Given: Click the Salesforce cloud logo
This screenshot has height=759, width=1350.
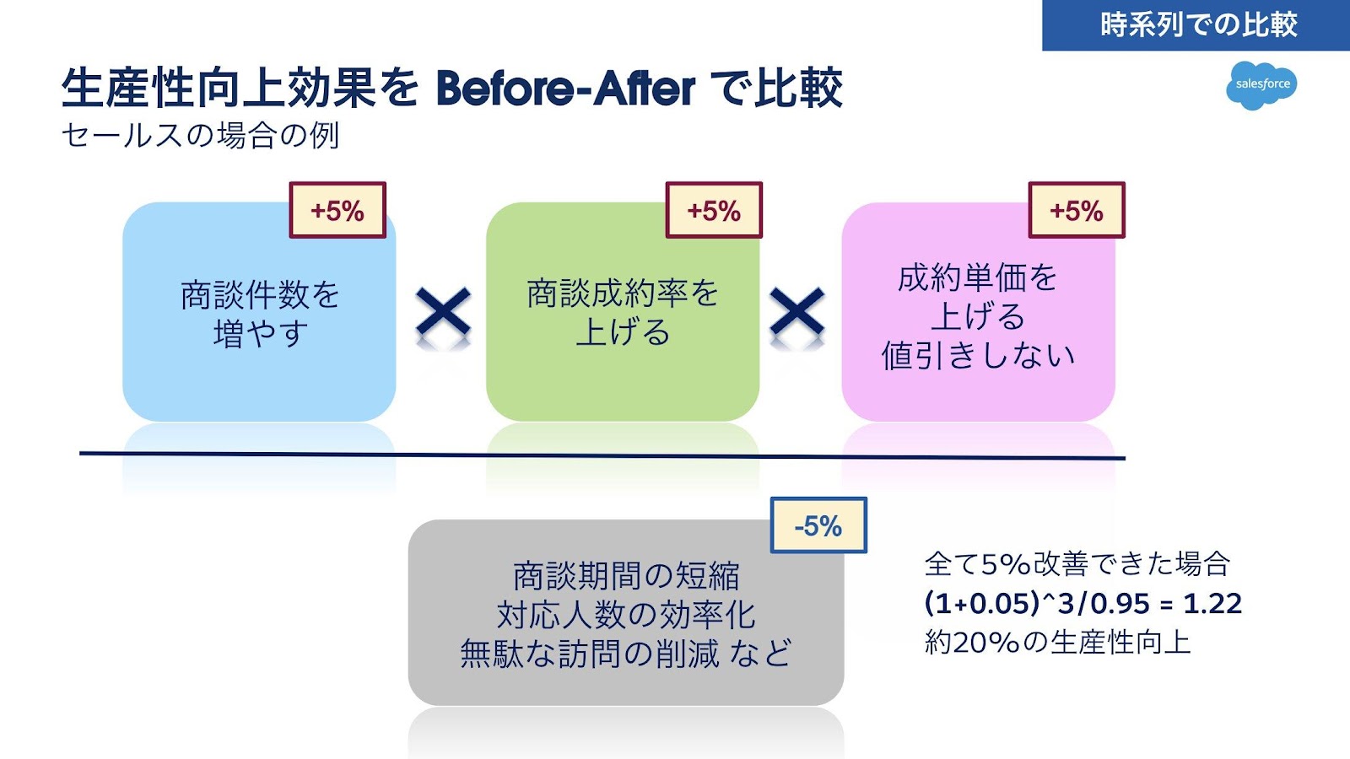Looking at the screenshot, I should [x=1261, y=84].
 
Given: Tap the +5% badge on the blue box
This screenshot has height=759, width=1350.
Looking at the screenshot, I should [x=337, y=210].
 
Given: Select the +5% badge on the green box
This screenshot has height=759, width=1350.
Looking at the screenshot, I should [x=714, y=210].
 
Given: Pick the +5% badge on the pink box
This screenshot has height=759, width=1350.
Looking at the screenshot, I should [x=1077, y=210].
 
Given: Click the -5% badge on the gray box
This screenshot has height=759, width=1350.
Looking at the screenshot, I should [x=818, y=525].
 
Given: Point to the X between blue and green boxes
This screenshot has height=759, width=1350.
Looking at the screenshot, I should [x=443, y=314].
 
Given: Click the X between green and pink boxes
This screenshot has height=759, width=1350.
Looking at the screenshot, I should [x=797, y=314].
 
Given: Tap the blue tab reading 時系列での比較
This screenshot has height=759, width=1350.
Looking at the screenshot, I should [x=1196, y=24].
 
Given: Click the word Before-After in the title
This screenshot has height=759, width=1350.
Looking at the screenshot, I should [x=565, y=88].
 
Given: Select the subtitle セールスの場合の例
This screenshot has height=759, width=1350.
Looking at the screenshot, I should [x=201, y=135].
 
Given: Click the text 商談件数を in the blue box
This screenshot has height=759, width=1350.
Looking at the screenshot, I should [x=260, y=294].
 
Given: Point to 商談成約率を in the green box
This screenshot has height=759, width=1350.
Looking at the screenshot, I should [x=623, y=293].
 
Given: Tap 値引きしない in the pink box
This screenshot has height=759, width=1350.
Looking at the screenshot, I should [x=979, y=355].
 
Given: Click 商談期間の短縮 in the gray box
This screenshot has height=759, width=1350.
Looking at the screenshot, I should [x=626, y=576].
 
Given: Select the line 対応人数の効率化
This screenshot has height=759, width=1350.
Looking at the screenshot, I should [x=626, y=615].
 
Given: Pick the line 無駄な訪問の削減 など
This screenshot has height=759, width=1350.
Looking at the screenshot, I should [x=626, y=654].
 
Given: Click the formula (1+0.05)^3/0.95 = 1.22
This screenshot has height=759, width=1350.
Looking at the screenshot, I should [x=1083, y=603].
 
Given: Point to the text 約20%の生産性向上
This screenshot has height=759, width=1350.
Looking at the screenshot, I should [x=1058, y=643].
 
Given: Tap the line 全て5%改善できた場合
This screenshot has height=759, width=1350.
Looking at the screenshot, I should [x=1077, y=563].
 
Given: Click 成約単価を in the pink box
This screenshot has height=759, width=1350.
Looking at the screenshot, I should [x=979, y=277].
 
